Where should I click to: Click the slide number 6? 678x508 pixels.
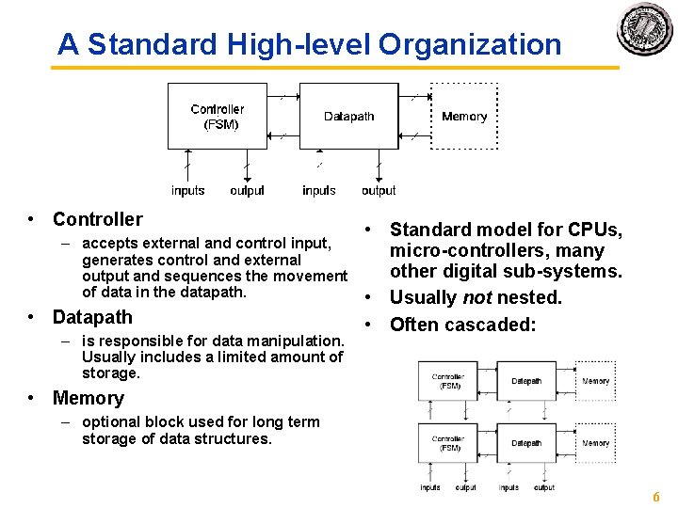[x=656, y=497]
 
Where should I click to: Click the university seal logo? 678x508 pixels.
[x=645, y=30]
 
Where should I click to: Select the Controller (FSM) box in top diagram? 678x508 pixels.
[x=217, y=117]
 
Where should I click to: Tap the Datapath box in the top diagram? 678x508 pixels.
[x=348, y=117]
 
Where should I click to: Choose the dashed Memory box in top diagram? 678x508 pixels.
[x=464, y=117]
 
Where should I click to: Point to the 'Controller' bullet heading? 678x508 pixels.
[x=97, y=219]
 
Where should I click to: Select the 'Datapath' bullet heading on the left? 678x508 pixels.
[x=92, y=317]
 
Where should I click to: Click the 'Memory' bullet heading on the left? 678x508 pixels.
[x=88, y=398]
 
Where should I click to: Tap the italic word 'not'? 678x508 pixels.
[x=478, y=297]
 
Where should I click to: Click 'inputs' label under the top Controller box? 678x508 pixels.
[x=187, y=191]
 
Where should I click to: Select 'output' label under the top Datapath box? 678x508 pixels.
[x=379, y=191]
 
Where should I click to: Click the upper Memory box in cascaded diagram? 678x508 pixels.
[x=595, y=381]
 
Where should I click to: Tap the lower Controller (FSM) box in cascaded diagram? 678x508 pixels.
[x=447, y=442]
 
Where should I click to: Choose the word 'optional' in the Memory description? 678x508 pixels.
[x=111, y=421]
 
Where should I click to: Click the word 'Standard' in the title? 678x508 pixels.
[x=145, y=44]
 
